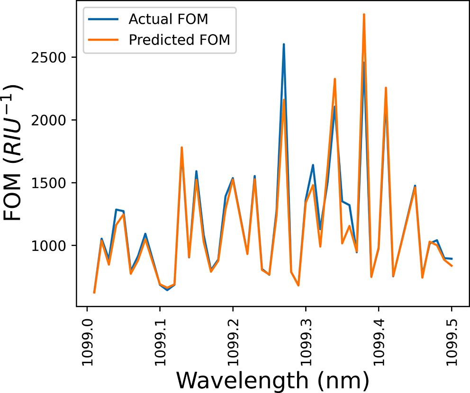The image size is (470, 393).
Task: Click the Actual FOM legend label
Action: (x=168, y=19)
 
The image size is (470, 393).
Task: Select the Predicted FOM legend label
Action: (x=179, y=40)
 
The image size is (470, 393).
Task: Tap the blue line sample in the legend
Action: (x=101, y=20)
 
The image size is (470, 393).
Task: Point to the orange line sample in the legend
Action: (x=101, y=40)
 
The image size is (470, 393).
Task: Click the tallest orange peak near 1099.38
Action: (x=364, y=15)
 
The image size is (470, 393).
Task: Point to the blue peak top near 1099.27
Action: (x=284, y=45)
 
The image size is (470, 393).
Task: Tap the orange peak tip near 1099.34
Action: (x=334, y=79)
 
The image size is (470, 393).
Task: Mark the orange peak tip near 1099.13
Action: (x=181, y=148)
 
